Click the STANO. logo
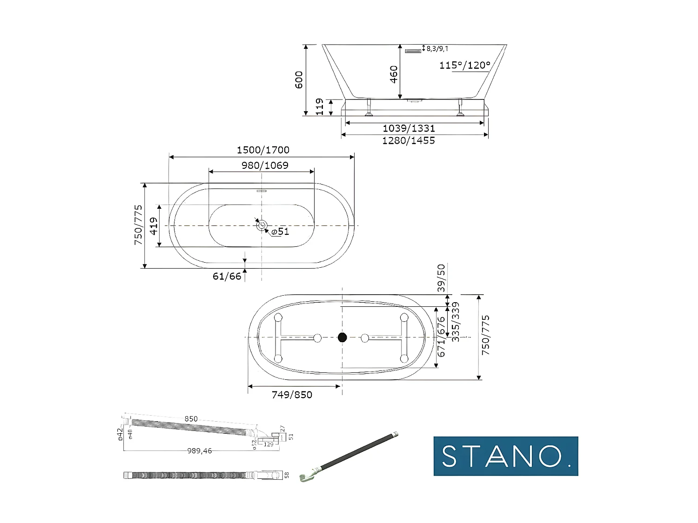(506, 456)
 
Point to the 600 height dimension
(299, 79)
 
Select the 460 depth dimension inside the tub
(394, 74)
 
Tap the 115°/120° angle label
(465, 65)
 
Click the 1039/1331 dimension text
(409, 128)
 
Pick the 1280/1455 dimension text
(409, 140)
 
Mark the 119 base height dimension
(320, 107)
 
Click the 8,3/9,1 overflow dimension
(437, 48)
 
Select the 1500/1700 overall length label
(263, 150)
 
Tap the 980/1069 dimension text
(265, 166)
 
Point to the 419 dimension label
(154, 226)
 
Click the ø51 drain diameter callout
(280, 232)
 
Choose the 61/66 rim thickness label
(227, 276)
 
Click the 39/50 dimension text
(441, 278)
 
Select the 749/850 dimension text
(292, 395)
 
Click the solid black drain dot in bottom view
(342, 338)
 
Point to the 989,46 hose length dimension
(200, 451)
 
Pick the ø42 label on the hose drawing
(121, 433)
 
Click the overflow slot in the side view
(413, 51)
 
